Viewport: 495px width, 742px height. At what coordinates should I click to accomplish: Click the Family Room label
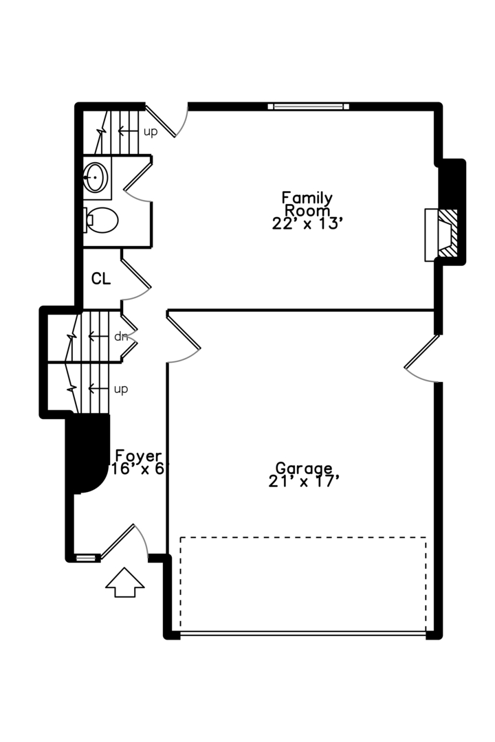point(307,204)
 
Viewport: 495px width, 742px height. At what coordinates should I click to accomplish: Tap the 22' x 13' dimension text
point(307,223)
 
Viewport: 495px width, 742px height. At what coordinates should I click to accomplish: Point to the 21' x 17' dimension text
point(304,481)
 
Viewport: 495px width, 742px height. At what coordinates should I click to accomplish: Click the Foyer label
point(138,456)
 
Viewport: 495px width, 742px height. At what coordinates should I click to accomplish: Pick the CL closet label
point(101,279)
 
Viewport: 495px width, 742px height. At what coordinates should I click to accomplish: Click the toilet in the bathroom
point(102,220)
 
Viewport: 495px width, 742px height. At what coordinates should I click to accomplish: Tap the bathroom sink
point(96,179)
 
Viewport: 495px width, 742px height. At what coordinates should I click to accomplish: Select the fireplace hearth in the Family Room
point(440,235)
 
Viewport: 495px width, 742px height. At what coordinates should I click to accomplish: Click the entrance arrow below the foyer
point(125,582)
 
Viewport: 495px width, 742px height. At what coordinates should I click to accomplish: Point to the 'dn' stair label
point(122,337)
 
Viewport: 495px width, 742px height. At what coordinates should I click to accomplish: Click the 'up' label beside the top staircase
point(151,131)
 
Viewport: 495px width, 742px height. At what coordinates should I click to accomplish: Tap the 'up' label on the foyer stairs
point(121,389)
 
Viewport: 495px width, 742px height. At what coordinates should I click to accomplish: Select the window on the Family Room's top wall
point(308,106)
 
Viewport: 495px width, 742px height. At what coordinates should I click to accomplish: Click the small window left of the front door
point(85,558)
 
